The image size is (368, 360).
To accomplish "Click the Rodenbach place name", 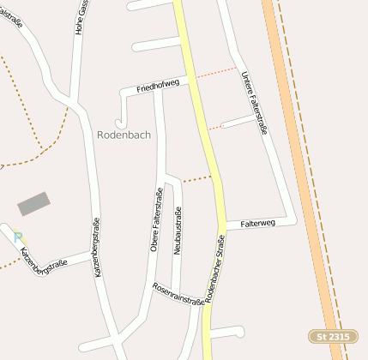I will click(126, 135).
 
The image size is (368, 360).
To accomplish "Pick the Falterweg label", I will click(257, 223).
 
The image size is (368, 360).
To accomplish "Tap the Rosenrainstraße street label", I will click(178, 294).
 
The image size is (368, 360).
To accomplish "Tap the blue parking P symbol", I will click(18, 237).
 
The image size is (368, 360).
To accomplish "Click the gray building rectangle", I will click(33, 204).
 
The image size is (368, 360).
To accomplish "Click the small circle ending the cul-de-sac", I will click(223, 126).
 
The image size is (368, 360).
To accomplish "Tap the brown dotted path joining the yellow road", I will click(196, 179).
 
